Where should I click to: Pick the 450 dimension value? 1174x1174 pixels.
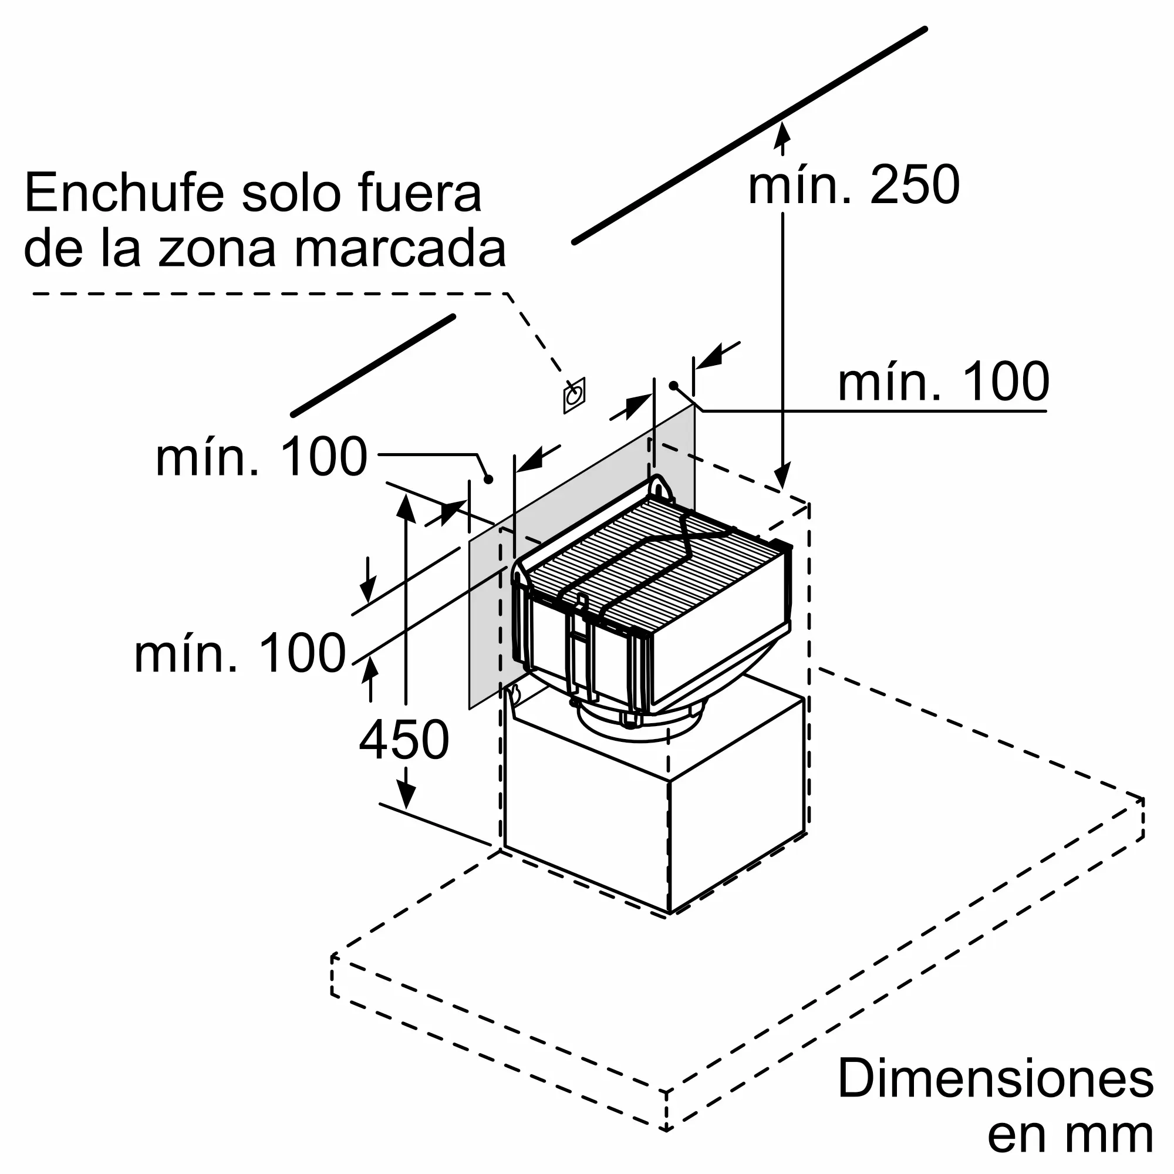[x=404, y=740]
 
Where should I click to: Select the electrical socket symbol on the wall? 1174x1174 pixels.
[x=573, y=396]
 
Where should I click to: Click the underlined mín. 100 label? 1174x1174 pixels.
[x=943, y=382]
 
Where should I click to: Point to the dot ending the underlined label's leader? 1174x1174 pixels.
[x=673, y=386]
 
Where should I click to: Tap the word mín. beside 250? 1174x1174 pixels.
[x=799, y=185]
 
